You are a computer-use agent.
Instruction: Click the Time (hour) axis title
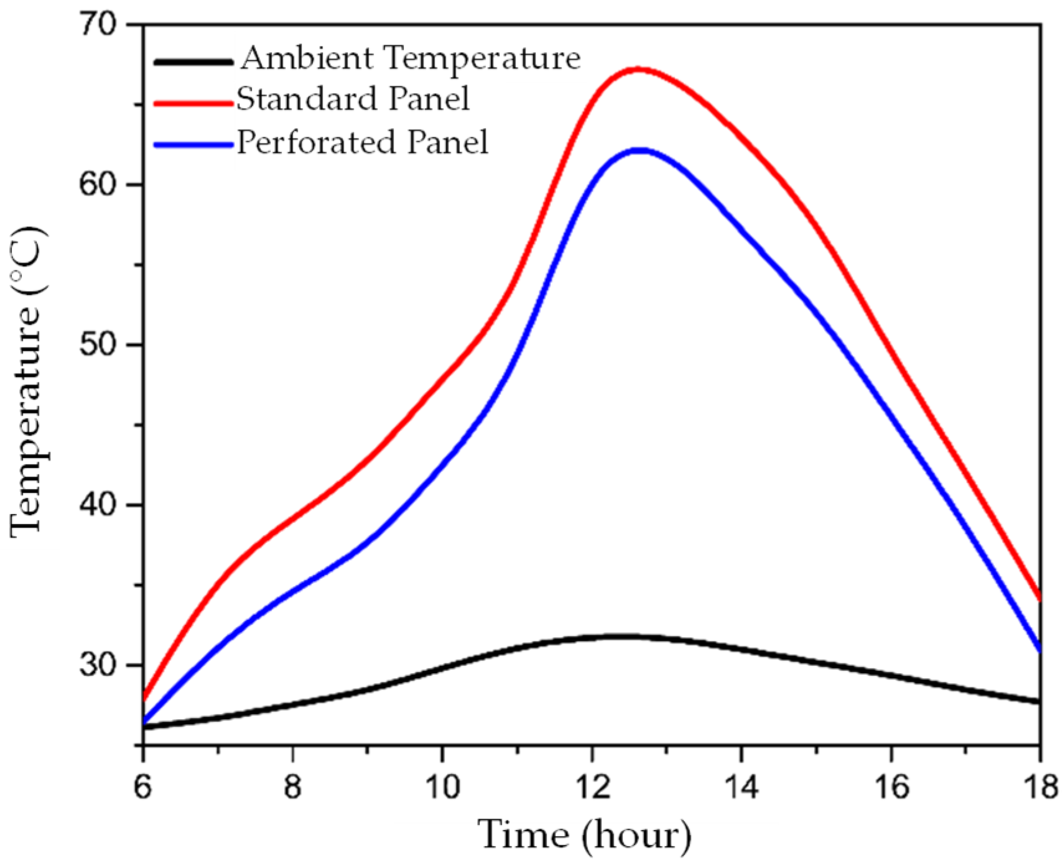(x=584, y=836)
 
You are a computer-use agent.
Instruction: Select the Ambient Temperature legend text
(x=411, y=59)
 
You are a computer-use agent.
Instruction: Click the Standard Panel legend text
(x=353, y=99)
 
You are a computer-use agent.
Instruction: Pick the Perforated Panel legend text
(x=363, y=142)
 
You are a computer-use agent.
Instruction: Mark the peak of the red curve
(x=638, y=70)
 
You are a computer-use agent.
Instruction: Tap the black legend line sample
(x=193, y=62)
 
